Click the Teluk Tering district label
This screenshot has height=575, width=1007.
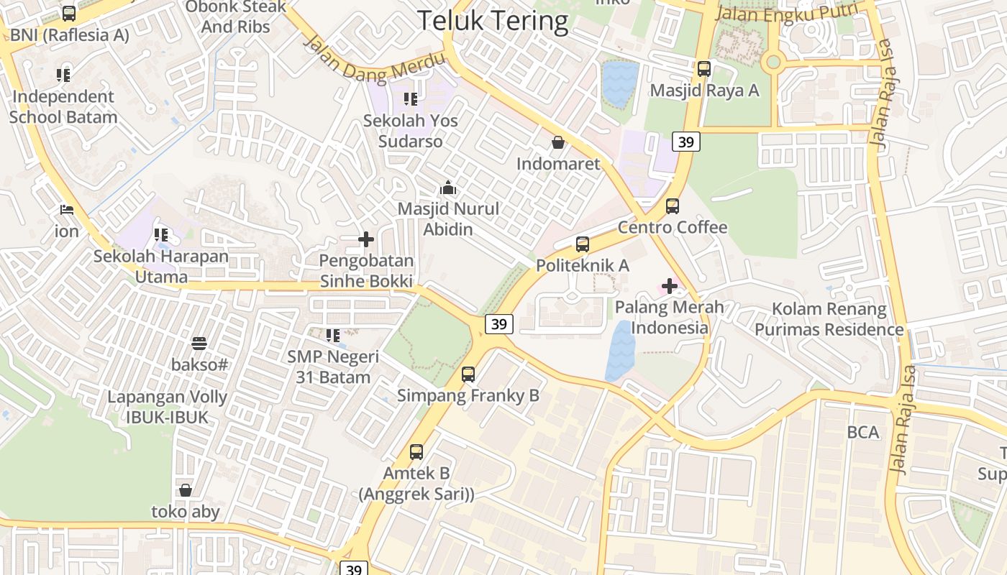click(493, 21)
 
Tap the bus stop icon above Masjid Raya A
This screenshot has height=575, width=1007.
click(703, 69)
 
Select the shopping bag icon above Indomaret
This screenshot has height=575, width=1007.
click(557, 142)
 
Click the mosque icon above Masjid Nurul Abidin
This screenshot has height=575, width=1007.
click(448, 188)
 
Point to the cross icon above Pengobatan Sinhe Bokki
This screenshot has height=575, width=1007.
click(366, 239)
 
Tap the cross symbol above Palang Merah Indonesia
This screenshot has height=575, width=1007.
click(670, 287)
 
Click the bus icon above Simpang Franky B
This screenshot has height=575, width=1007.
click(468, 374)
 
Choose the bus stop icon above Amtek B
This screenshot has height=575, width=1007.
click(416, 452)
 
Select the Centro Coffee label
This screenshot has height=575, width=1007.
click(673, 228)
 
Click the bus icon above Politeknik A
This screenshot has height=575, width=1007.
click(583, 244)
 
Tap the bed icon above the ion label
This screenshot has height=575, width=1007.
click(66, 211)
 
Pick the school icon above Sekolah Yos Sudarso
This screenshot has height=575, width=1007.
click(410, 99)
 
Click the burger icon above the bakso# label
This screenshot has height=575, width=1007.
click(199, 344)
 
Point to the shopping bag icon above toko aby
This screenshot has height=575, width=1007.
click(186, 490)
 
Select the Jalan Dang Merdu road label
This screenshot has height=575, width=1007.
click(374, 62)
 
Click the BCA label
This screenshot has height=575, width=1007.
click(863, 432)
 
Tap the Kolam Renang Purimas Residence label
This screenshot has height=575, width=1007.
click(829, 319)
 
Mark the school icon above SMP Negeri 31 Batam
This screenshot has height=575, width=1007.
click(332, 336)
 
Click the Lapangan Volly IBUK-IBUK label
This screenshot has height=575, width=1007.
click(167, 407)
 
